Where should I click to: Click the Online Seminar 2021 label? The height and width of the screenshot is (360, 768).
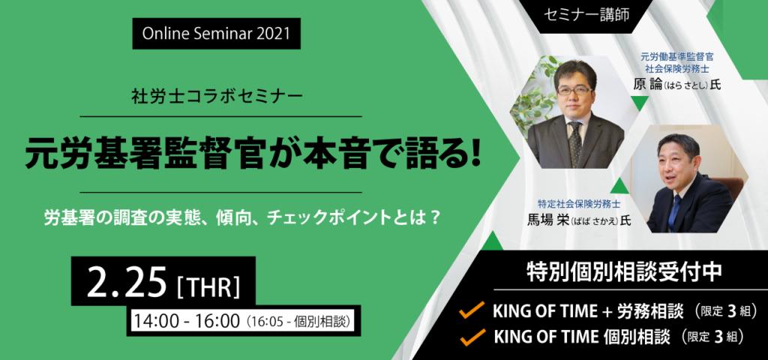[x=216, y=34]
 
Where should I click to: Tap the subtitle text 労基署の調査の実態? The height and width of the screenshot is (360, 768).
[x=120, y=218]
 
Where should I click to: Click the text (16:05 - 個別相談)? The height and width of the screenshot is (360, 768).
[x=298, y=322]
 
